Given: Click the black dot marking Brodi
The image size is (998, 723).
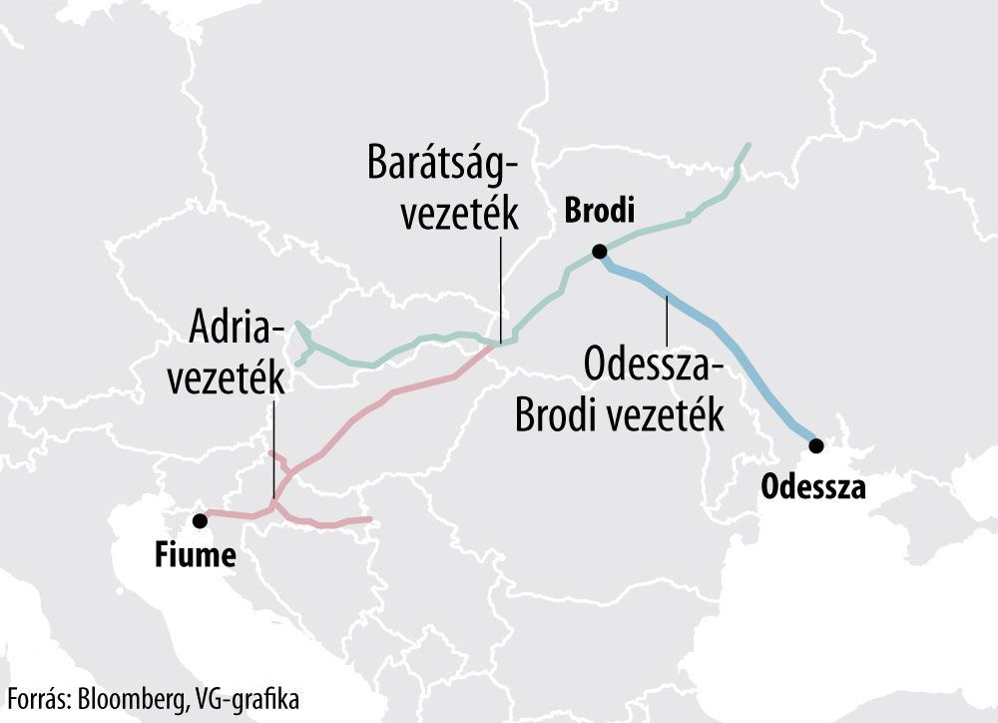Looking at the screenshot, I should coord(598,252).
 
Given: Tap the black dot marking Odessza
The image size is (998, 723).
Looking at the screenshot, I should coord(816,445).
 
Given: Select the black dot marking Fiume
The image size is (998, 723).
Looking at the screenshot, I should coord(201,519).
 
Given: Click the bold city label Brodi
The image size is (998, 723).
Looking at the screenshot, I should coord(600,212).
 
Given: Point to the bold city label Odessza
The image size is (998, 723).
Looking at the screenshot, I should coord(812,487).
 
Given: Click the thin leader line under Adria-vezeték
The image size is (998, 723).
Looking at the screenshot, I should coord(273,449).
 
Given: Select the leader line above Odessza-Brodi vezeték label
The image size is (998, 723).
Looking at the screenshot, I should coord(666,320).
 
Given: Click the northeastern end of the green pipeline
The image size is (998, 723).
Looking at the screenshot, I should coord(747,147).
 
